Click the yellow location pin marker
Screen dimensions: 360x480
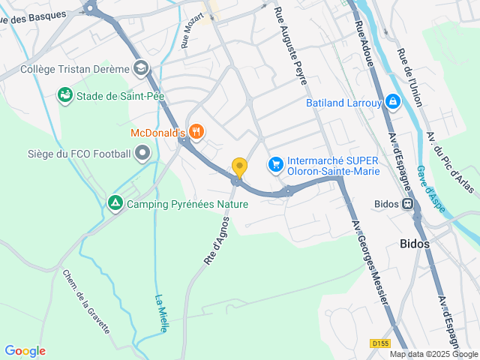tap(239, 167)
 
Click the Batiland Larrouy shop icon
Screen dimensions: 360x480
tap(391, 103)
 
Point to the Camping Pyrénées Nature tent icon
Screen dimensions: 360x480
tap(115, 203)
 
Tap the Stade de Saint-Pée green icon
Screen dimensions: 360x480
tap(66, 95)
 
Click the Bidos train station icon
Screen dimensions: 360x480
tap(407, 203)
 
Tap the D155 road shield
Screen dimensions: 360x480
tap(380, 343)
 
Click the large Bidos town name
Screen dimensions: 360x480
tap(415, 244)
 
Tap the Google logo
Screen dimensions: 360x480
tap(25, 351)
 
